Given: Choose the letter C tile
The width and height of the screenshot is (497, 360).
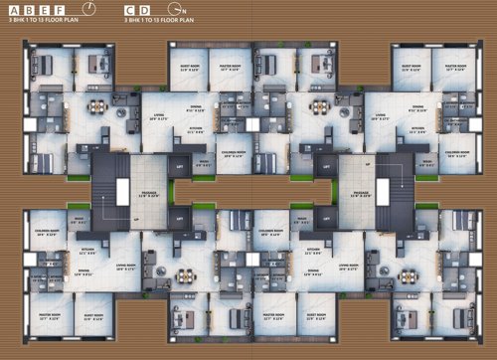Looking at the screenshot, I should [131, 8].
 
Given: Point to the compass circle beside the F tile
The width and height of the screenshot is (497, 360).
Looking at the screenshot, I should [89, 8].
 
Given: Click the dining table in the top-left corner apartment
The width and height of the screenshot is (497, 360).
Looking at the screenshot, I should [96, 106].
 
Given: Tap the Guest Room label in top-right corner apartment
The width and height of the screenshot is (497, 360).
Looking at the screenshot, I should [410, 70].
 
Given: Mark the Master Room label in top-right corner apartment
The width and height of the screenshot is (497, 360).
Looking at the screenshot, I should [456, 70].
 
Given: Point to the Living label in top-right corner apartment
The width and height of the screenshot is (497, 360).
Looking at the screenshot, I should [378, 116].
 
